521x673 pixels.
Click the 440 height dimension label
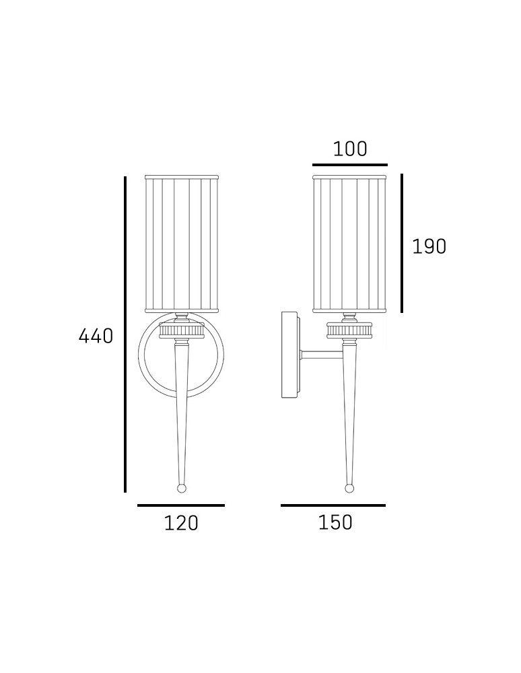click(x=96, y=336)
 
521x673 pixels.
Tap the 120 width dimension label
click(x=181, y=523)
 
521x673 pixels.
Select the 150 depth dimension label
click(x=335, y=522)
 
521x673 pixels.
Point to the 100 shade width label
click(x=350, y=149)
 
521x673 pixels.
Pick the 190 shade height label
click(x=429, y=247)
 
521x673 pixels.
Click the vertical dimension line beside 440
click(x=125, y=334)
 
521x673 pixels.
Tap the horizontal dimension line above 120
click(x=181, y=505)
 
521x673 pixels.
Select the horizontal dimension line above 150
click(x=333, y=505)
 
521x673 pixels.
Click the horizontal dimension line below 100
click(x=350, y=165)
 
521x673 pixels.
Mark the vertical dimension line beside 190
click(x=402, y=244)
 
